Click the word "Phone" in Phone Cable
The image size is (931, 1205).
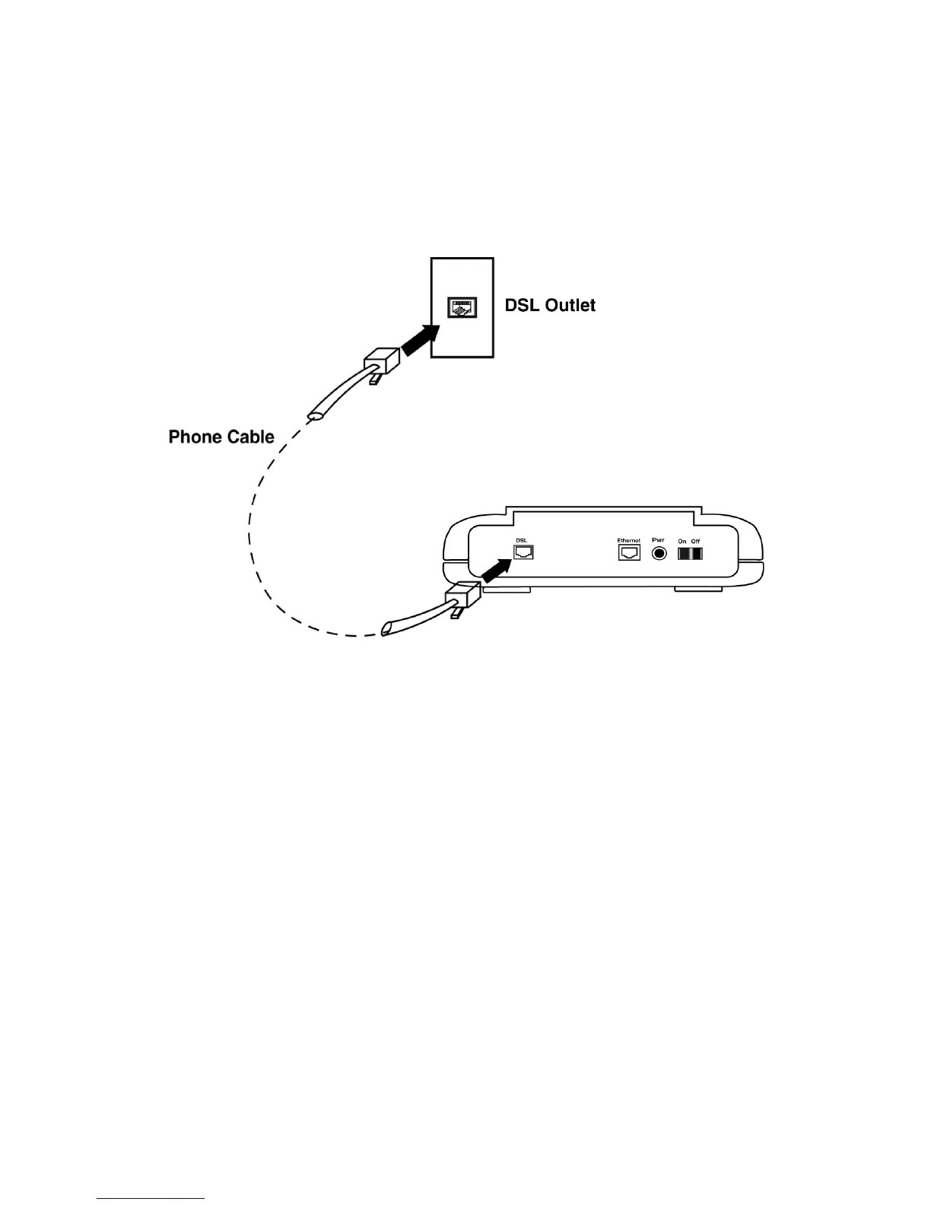coord(195,437)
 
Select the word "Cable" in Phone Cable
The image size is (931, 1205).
coord(249,437)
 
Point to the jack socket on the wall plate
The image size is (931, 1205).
coord(462,308)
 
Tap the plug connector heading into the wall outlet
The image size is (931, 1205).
coord(382,359)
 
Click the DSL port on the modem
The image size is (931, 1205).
coord(523,552)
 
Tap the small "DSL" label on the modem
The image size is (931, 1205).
coord(522,540)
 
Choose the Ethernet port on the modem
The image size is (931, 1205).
coord(629,552)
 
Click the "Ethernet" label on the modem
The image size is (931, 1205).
coord(629,540)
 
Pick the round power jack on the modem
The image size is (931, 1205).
coord(659,553)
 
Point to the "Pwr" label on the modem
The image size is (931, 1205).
coord(659,539)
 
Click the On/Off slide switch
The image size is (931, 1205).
coord(690,553)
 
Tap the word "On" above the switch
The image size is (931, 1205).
coord(682,541)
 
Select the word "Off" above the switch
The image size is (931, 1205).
coord(695,541)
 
